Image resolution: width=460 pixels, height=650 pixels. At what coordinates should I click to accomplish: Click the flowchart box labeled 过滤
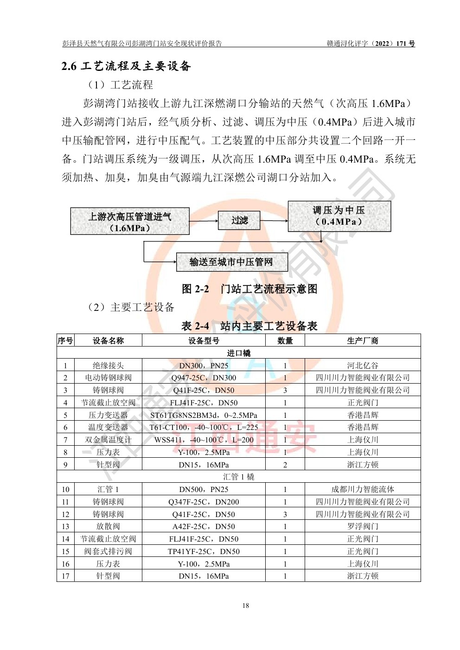pyautogui.click(x=239, y=221)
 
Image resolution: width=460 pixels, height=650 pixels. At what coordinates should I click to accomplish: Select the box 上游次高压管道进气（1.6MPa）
pyautogui.click(x=130, y=221)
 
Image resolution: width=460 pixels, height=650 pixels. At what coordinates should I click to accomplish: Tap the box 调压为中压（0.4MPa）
pyautogui.click(x=339, y=216)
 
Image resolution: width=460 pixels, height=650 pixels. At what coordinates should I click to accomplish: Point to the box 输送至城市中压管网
pyautogui.click(x=231, y=262)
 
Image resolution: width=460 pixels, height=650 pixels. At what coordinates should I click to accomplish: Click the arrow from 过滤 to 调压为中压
pyautogui.click(x=274, y=221)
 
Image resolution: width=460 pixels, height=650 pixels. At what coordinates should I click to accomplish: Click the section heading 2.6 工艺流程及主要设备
pyautogui.click(x=126, y=66)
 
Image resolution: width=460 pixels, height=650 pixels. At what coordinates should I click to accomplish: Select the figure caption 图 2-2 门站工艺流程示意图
pyautogui.click(x=249, y=289)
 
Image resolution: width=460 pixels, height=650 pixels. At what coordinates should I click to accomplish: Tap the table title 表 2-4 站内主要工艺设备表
pyautogui.click(x=249, y=326)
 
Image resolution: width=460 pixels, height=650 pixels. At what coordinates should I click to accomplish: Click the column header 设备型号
pyautogui.click(x=204, y=341)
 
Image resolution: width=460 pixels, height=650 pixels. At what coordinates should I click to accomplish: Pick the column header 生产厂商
pyautogui.click(x=363, y=341)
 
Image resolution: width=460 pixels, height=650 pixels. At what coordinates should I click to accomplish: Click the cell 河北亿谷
pyautogui.click(x=363, y=366)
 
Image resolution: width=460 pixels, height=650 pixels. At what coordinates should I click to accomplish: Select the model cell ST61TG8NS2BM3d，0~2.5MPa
pyautogui.click(x=204, y=415)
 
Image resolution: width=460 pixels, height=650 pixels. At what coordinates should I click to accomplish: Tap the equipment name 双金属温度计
pyautogui.click(x=108, y=440)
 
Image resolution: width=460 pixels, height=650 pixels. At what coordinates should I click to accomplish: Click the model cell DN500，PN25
pyautogui.click(x=204, y=489)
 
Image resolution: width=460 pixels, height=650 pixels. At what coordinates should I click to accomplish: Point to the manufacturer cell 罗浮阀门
pyautogui.click(x=363, y=526)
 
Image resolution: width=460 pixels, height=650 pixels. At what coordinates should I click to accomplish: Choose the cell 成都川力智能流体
pyautogui.click(x=363, y=489)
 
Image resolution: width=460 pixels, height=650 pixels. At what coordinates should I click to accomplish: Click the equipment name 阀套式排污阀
pyautogui.click(x=108, y=551)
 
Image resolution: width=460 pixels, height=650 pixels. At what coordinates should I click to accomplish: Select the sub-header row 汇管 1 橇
pyautogui.click(x=238, y=477)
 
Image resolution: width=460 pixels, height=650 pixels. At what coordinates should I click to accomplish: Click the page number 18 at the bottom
pyautogui.click(x=246, y=606)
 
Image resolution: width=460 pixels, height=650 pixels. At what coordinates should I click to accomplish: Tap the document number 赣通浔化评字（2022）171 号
pyautogui.click(x=371, y=44)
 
